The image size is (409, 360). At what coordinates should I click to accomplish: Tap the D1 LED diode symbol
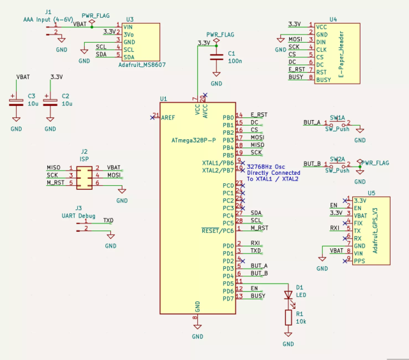coord(288,295)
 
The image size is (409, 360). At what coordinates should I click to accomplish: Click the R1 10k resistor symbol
coord(288,317)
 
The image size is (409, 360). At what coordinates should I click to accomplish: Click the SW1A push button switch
coord(338,123)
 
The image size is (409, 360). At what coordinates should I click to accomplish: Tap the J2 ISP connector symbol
coord(84,176)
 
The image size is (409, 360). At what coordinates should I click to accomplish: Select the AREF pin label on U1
coord(168,117)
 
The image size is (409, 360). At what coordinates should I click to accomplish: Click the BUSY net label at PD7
coord(258,296)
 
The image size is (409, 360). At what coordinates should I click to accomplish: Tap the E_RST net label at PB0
coord(259,114)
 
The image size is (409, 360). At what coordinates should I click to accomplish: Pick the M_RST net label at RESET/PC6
coord(259,228)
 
